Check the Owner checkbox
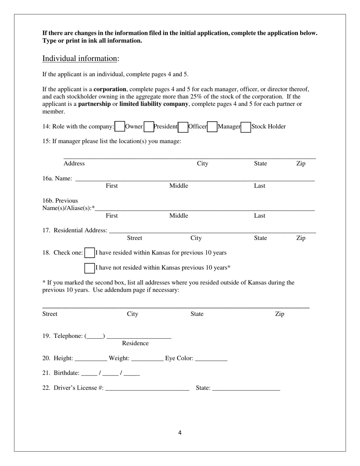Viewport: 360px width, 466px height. [120, 127]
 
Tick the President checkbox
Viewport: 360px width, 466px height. [149, 127]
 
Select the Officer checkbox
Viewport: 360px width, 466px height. [183, 127]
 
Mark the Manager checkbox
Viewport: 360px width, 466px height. [212, 127]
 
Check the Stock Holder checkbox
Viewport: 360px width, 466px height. [246, 127]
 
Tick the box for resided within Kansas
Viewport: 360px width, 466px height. [89, 253]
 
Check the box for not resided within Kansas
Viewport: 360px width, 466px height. [89, 268]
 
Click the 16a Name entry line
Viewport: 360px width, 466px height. [195, 179]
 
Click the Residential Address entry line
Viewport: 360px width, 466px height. [212, 231]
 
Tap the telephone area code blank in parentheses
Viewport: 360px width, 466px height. [95, 336]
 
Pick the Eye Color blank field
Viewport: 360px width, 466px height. [211, 358]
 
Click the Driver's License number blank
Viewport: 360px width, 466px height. [147, 388]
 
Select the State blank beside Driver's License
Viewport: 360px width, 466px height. [246, 388]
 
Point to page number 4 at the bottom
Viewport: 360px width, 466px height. [180, 433]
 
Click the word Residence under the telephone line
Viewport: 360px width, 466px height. [135, 343]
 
